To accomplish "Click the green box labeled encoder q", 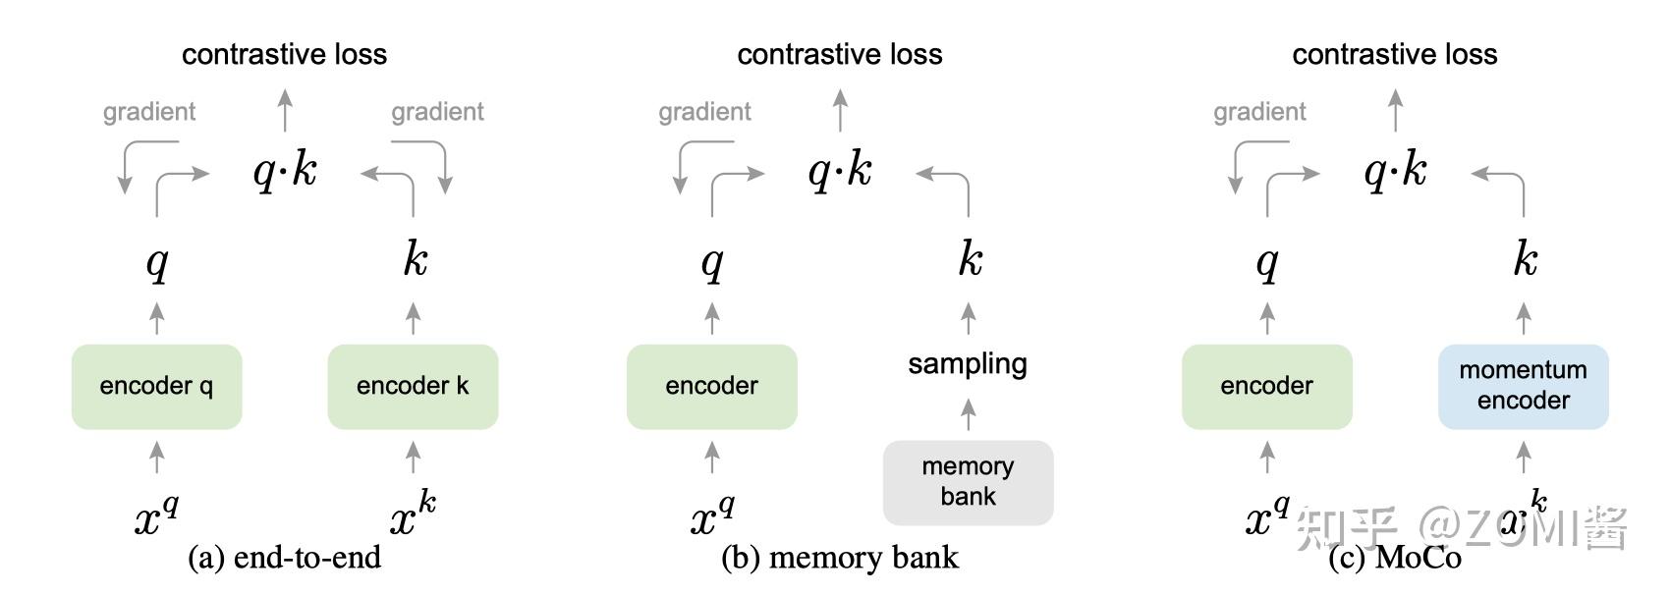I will click(x=156, y=386).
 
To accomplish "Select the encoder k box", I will click(x=413, y=386).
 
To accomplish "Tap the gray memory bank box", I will click(x=968, y=481).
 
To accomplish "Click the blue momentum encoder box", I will click(x=1523, y=386).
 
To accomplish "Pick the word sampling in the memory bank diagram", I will click(x=968, y=363).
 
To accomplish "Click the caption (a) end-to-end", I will click(x=284, y=558).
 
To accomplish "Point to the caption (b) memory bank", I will click(x=839, y=558).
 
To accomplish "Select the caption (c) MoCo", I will click(x=1395, y=558).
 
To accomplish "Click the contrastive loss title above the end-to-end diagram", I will click(x=284, y=54).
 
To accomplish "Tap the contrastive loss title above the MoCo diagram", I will click(x=1395, y=54).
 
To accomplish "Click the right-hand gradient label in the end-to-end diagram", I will click(x=437, y=112).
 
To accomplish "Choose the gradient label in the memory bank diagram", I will click(x=704, y=112).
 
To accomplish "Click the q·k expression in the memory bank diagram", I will click(x=840, y=172).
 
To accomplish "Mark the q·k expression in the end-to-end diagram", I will click(x=285, y=172).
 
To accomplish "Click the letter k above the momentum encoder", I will click(x=1525, y=259).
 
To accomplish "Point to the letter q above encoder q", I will click(x=157, y=262).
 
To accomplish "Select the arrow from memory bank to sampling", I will click(x=969, y=414).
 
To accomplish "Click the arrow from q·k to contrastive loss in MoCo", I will click(x=1396, y=110).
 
